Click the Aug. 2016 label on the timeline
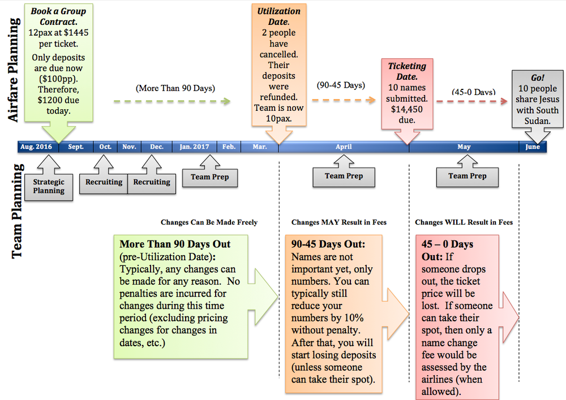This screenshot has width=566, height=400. (x=36, y=147)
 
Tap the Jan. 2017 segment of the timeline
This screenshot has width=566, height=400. (x=194, y=147)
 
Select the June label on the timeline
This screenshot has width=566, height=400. (x=533, y=147)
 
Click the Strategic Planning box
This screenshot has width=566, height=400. (x=49, y=186)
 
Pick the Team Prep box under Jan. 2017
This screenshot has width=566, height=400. (x=209, y=177)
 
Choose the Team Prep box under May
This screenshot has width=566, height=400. (x=467, y=176)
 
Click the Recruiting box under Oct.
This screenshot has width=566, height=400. (x=104, y=182)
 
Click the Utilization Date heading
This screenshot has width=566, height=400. (x=278, y=17)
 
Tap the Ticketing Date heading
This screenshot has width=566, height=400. (x=407, y=72)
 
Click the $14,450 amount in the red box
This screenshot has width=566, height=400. (x=408, y=109)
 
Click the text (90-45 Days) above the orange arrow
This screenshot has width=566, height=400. (x=341, y=85)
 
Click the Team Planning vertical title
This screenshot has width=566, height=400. (x=17, y=210)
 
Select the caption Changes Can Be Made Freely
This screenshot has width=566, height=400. (x=209, y=222)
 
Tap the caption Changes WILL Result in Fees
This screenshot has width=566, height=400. (x=464, y=222)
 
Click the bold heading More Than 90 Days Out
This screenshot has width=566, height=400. (x=175, y=244)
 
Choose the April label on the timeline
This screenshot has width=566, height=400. (x=344, y=147)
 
